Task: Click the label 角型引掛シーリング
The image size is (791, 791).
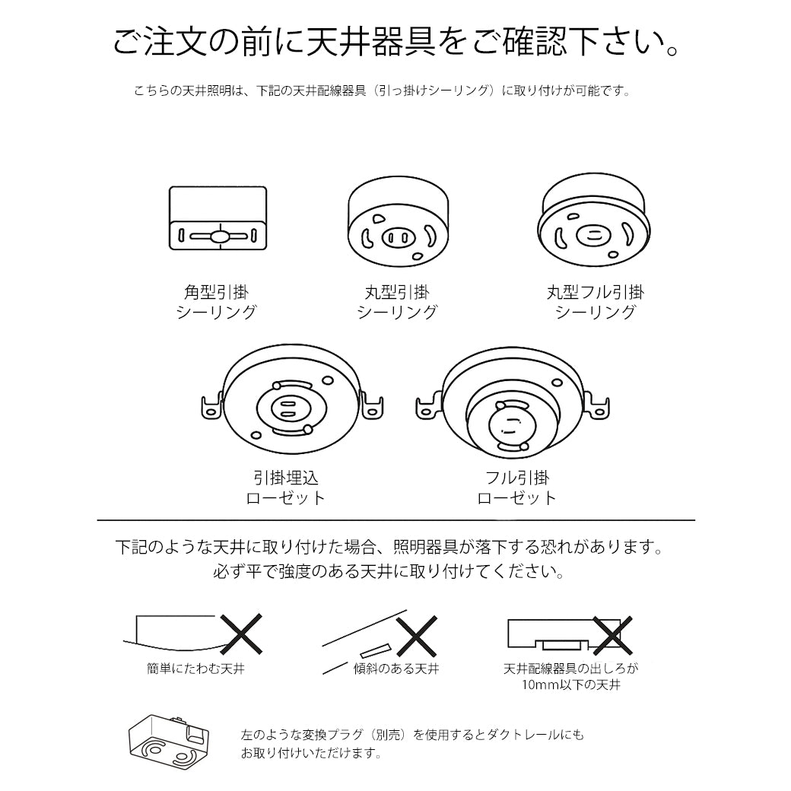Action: pos(217,302)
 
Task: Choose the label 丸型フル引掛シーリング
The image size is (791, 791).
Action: pos(595,302)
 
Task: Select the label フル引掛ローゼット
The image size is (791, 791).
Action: pos(516,488)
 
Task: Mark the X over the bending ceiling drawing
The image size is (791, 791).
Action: pos(241,634)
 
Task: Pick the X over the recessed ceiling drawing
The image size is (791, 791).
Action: pos(613,635)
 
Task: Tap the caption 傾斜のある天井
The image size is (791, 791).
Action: pos(396,670)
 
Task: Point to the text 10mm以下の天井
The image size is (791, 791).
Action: pos(571,685)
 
